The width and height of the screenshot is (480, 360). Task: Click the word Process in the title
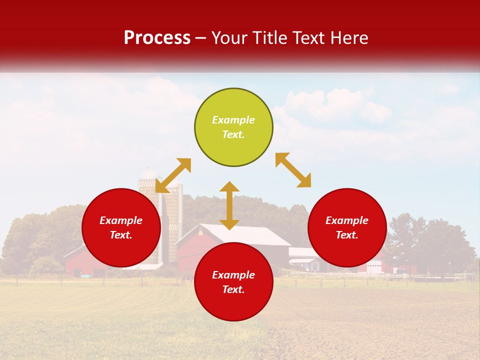click(157, 38)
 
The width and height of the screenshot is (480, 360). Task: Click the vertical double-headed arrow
click(229, 205)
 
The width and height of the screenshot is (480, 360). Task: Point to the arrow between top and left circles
click(173, 175)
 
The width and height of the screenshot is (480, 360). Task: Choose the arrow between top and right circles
click(293, 170)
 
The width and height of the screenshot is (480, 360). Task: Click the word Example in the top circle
click(233, 120)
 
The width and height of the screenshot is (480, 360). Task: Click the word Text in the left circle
click(121, 235)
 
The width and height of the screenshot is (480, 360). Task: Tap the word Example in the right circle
click(347, 220)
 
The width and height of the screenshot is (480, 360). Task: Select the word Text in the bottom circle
click(233, 289)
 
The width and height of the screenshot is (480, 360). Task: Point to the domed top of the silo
click(149, 174)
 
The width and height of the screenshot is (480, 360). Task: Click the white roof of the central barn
click(245, 234)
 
